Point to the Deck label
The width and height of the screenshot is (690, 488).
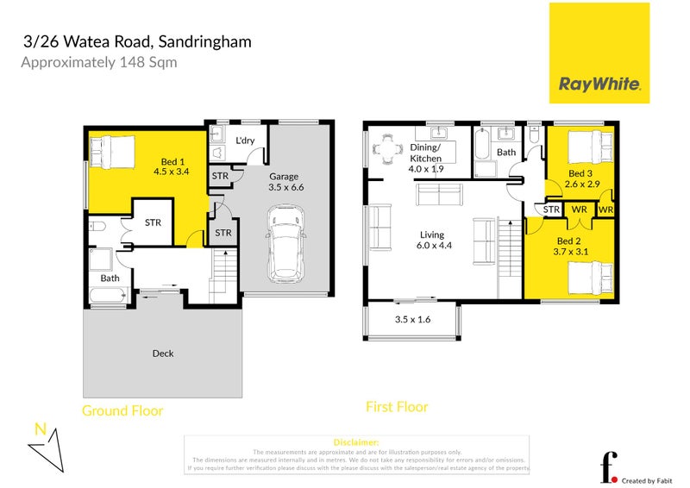[163, 353]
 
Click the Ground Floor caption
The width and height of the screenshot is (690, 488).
[122, 410]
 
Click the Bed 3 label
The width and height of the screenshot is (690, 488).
[579, 179]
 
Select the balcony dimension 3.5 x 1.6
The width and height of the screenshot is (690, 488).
[412, 319]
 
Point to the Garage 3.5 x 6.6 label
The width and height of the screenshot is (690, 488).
[286, 180]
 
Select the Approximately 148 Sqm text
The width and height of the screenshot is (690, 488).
[99, 62]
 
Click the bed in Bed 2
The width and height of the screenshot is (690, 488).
[591, 278]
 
